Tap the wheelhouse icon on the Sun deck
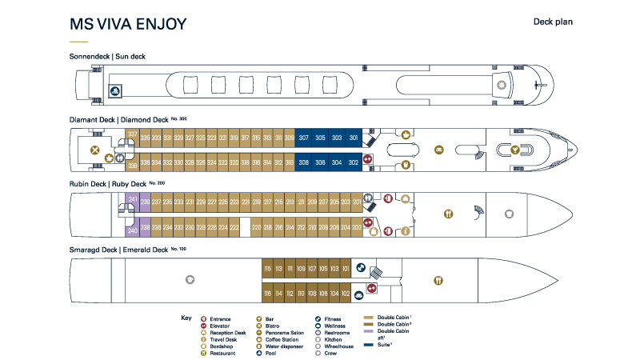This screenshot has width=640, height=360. pos(502,84)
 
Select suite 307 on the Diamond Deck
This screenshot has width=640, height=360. pos(304,138)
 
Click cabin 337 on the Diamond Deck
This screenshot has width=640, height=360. pos(133,134)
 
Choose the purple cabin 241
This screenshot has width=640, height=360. pos(133,199)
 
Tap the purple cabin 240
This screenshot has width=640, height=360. pos(133,231)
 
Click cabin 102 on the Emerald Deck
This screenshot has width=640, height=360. pos(346,293)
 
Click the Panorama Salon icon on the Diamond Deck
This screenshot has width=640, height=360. pos(438,150)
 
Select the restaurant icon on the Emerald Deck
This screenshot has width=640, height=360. pos(438,280)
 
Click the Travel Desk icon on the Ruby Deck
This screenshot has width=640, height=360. pos(406,231)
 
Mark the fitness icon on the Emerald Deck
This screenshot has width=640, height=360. pos(361,270)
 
